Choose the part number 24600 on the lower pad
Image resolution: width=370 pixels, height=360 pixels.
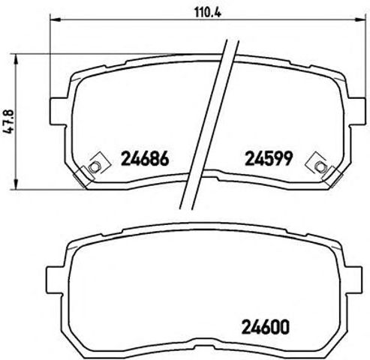pyautogui.click(x=266, y=327)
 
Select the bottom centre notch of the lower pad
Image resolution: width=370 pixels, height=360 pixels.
pyautogui.click(x=208, y=350)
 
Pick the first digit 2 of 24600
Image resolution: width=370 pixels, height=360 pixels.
pyautogui.click(x=246, y=327)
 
